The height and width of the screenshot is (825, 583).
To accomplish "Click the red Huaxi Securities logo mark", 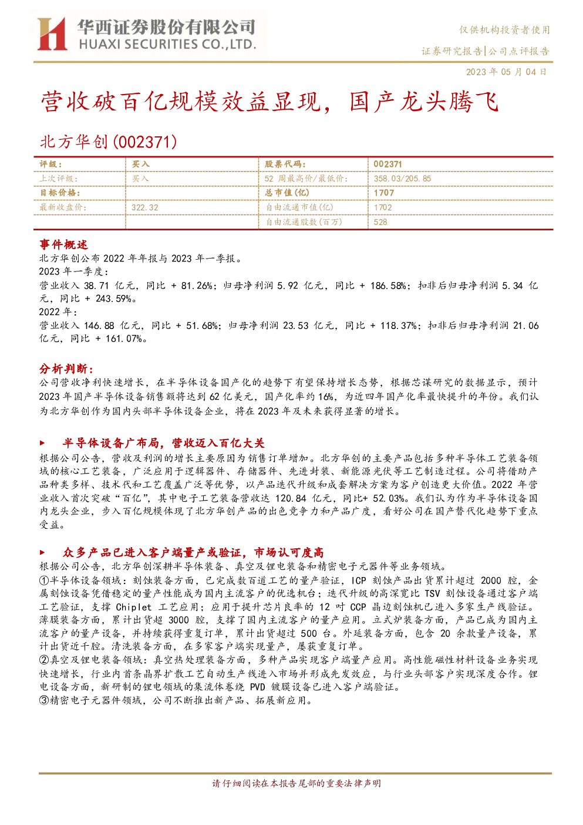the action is [52, 34].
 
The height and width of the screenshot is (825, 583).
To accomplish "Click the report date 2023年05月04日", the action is [506, 72].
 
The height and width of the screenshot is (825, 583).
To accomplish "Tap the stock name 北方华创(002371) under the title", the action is [108, 142].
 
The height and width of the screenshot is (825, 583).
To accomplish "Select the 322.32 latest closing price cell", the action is [144, 208].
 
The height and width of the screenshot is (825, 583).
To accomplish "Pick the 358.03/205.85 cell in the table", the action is [402, 179].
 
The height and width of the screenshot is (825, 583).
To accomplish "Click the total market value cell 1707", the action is [384, 193].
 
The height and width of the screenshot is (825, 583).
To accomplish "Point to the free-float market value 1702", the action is [383, 208].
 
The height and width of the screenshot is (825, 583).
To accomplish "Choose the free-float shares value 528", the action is [380, 222].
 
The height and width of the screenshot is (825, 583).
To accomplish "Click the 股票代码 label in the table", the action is [285, 165].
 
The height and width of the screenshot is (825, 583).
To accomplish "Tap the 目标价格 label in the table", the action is [60, 193].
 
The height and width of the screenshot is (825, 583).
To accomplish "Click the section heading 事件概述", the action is [63, 244].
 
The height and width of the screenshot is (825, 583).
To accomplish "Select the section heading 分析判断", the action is [66, 368].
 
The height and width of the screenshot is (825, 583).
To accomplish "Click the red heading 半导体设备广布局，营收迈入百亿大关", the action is [163, 443].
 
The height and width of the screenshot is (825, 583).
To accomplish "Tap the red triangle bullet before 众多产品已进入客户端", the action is [42, 552].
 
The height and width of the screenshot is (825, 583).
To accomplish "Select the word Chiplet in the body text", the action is [133, 608].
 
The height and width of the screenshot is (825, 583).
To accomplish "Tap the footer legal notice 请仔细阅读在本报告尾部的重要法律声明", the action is [296, 783].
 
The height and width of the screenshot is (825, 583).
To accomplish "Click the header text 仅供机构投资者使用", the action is [504, 30].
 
